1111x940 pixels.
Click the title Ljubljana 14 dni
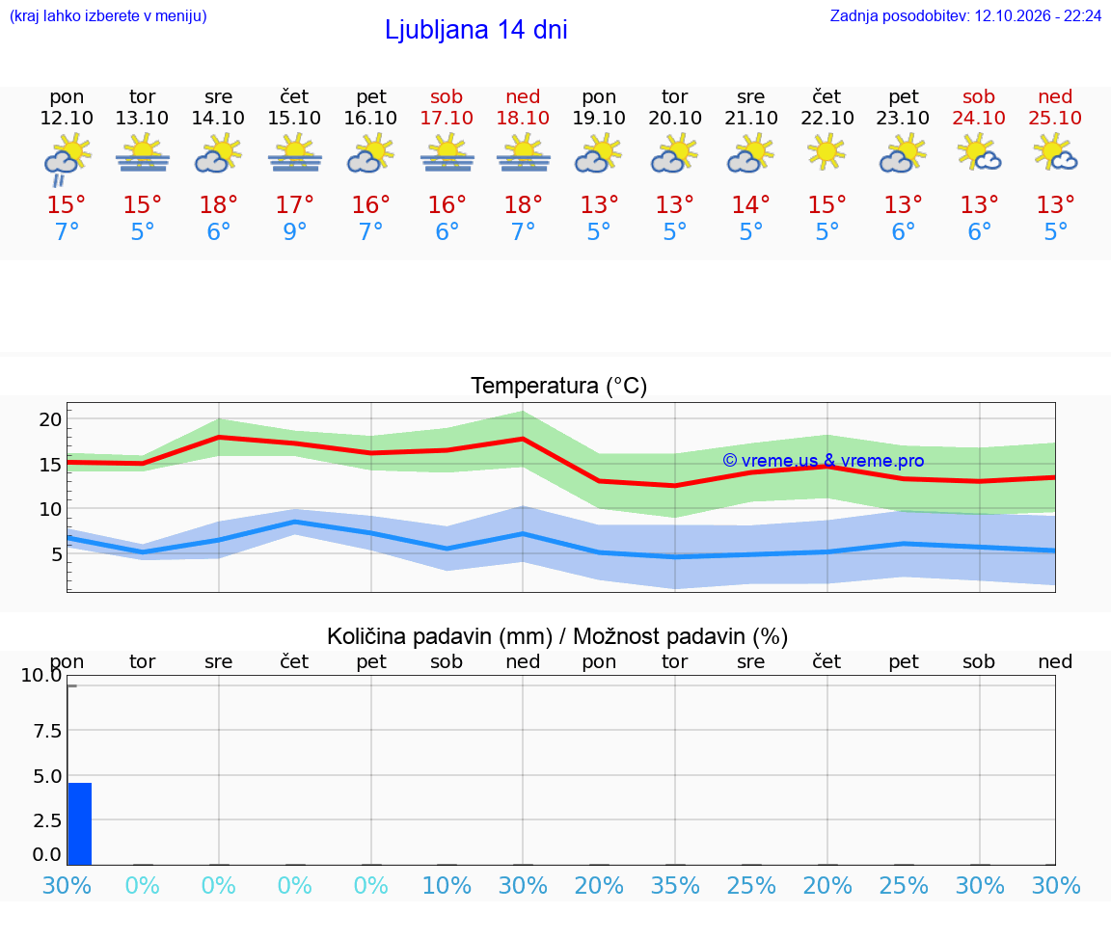pos(476,30)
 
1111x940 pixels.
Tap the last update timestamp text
pos(965,15)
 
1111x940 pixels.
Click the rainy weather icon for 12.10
pos(67,159)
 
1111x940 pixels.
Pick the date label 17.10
pos(447,118)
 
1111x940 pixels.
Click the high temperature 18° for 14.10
pos(218,204)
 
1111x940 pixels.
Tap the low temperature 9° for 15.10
pos(295,231)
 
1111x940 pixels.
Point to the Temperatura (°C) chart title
pos(559,386)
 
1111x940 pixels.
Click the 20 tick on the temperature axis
pos(50,419)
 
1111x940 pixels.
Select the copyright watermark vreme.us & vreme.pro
pos(824,461)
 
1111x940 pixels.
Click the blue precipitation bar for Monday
pos(79,824)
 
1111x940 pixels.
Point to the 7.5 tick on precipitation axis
pos(47,731)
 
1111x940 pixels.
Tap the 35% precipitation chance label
pos(675,885)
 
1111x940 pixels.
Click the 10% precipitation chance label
pos(447,885)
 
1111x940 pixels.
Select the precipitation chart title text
pos(557,636)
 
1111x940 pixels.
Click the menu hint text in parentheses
pos(108,15)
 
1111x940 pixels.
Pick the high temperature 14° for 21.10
pos(751,204)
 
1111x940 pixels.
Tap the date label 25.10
pos(1055,118)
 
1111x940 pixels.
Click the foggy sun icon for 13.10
pos(143,153)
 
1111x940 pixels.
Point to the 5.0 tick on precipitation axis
pos(47,776)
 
